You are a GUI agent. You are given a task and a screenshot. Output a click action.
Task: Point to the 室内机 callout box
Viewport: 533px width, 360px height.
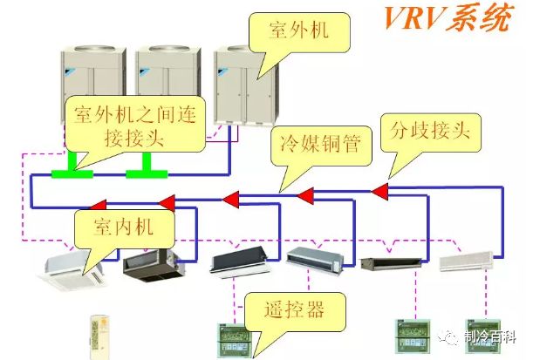[x=126, y=228]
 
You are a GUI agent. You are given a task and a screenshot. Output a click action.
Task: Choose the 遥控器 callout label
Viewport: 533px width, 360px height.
[x=295, y=309]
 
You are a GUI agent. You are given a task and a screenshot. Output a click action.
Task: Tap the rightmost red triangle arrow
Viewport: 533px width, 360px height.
[x=379, y=190]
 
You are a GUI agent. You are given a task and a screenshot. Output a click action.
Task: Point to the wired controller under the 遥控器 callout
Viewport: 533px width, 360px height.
[x=231, y=340]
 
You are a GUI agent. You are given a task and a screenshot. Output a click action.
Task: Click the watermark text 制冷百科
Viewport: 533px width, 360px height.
[x=489, y=335]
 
